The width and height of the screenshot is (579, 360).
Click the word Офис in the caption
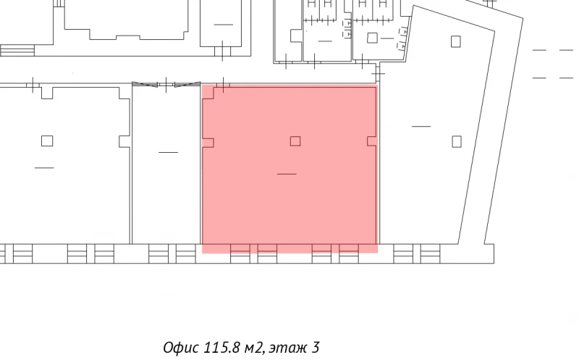point(177,348)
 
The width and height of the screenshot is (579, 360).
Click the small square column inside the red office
point(295,141)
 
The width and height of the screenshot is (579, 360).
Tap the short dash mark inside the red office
point(287,174)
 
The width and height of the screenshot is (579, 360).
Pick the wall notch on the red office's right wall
point(372,141)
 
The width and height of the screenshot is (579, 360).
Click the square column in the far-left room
point(47,141)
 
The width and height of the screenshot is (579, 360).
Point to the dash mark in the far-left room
point(43,168)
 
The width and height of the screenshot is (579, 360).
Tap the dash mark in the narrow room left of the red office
point(168,152)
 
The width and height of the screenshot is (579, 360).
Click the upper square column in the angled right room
point(455,41)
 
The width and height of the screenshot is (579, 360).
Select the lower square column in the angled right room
point(456,141)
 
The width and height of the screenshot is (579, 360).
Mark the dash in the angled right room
point(420,126)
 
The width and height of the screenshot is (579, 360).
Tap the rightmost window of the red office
point(349,253)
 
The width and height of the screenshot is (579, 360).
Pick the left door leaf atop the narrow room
point(145,85)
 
